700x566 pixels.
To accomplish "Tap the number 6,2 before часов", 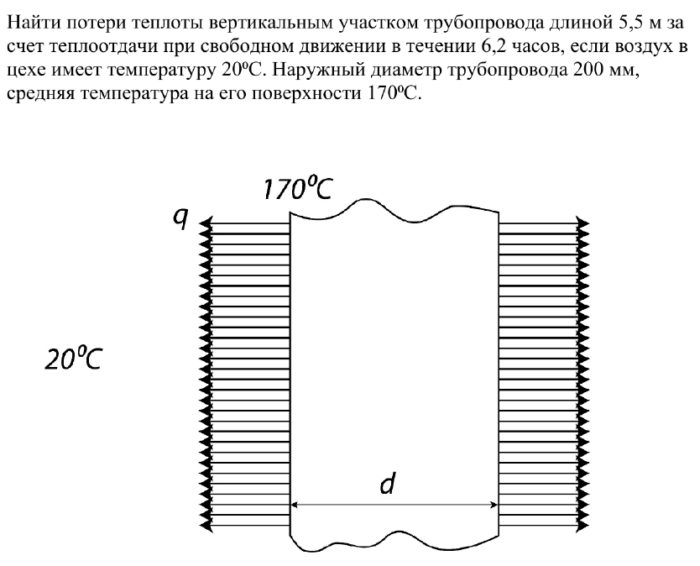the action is click(x=493, y=46).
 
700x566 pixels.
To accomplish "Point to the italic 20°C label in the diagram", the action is click(x=73, y=359).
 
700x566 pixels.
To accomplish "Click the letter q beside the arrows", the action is click(x=180, y=219).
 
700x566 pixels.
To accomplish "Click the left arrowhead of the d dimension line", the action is click(x=294, y=505).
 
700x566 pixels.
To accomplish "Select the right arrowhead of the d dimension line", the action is click(x=494, y=505).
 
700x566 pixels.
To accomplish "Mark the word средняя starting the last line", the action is click(x=39, y=94).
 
